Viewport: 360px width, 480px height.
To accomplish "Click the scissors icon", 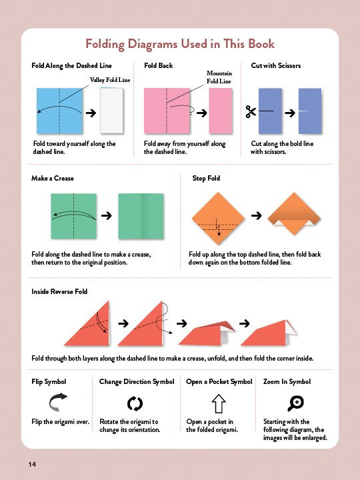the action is coord(251,112).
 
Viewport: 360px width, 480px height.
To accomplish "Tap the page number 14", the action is coord(32,464).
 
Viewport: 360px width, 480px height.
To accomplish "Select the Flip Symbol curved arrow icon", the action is coord(58,401).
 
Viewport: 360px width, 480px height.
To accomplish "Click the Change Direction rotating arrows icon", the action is coord(135,403).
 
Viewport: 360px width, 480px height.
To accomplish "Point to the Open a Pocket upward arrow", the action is coord(219,403).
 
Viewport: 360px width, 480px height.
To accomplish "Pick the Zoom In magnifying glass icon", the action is coord(296,403).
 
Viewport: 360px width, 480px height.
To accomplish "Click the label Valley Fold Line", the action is coord(110,80).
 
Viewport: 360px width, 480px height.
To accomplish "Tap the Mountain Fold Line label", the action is coord(219,77).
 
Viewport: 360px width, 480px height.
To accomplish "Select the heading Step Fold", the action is coord(206,178).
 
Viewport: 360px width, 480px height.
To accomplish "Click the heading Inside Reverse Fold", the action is coord(59,291).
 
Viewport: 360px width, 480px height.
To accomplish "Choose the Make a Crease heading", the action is coord(53,178).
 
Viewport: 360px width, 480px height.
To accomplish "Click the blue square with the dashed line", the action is coord(59,111).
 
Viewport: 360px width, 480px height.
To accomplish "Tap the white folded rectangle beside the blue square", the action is coord(112,111).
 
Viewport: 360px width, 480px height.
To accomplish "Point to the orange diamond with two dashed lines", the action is coord(218,219).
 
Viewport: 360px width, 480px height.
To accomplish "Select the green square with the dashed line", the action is coord(73,216).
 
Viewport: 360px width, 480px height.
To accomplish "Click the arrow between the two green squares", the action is coord(107,216).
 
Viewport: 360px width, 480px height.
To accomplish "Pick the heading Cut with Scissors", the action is coord(276,65).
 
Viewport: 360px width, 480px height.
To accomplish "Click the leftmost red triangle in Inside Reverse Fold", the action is coord(87,323).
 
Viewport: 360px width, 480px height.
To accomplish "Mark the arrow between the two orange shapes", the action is coord(257,216).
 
